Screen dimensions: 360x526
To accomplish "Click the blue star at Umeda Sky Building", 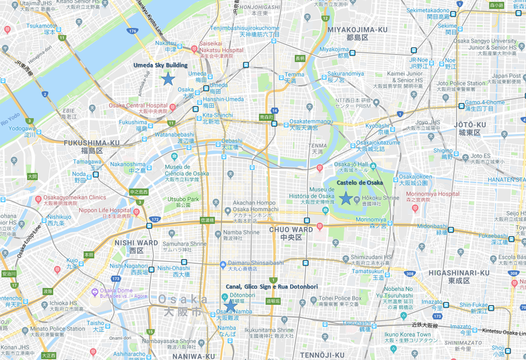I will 168,79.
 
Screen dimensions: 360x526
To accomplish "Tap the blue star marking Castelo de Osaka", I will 345,198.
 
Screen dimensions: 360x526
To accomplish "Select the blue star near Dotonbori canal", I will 230,304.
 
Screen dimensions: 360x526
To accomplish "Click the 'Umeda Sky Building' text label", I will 160,65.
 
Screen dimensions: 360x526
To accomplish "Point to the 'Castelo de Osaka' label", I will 360,183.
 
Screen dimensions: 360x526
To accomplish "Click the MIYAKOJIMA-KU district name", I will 357,30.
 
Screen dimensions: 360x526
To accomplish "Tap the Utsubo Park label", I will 183,199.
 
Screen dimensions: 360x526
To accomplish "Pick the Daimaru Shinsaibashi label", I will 255,262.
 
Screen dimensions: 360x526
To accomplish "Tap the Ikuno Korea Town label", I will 407,334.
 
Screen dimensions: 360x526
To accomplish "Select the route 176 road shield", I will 132,31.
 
